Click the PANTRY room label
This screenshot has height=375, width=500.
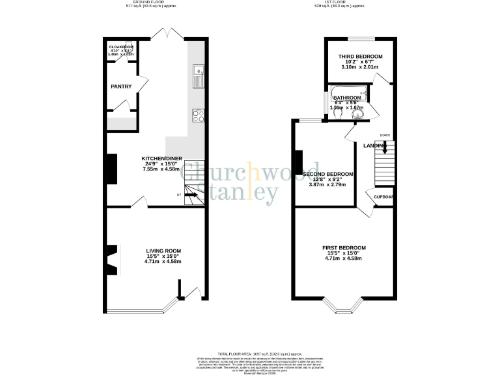click(121, 86)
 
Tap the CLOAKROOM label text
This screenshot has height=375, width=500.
click(121, 47)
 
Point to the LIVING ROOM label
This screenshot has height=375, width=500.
click(163, 251)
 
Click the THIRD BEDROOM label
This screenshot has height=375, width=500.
click(360, 57)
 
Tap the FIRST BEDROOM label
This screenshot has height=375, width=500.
click(344, 248)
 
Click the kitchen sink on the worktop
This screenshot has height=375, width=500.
click(198, 76)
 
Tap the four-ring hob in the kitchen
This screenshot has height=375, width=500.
click(198, 117)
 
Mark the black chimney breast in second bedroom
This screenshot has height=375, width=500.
click(299, 162)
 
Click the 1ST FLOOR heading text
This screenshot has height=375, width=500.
click(346, 3)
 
